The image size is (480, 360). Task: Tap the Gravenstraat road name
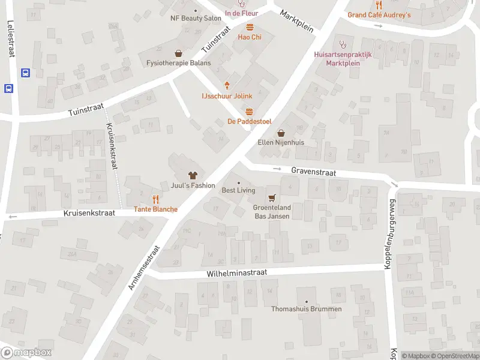point(313,171)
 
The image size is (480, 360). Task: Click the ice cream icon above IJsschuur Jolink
point(227,85)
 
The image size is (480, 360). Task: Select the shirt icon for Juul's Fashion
point(193,175)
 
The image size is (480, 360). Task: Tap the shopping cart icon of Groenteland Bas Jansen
point(272,197)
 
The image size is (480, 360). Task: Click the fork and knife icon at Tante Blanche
point(155,199)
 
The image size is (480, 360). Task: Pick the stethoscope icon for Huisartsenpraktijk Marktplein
point(343,43)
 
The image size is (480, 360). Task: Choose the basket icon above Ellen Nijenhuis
point(280,133)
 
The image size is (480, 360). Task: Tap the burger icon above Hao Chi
point(250,26)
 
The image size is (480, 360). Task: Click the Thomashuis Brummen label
point(307,309)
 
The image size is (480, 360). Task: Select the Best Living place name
point(238,190)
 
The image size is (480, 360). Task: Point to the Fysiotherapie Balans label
point(178,62)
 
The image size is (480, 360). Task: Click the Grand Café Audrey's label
point(379,14)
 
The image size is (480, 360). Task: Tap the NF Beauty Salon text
point(196,18)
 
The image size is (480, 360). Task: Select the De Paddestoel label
point(249,121)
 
